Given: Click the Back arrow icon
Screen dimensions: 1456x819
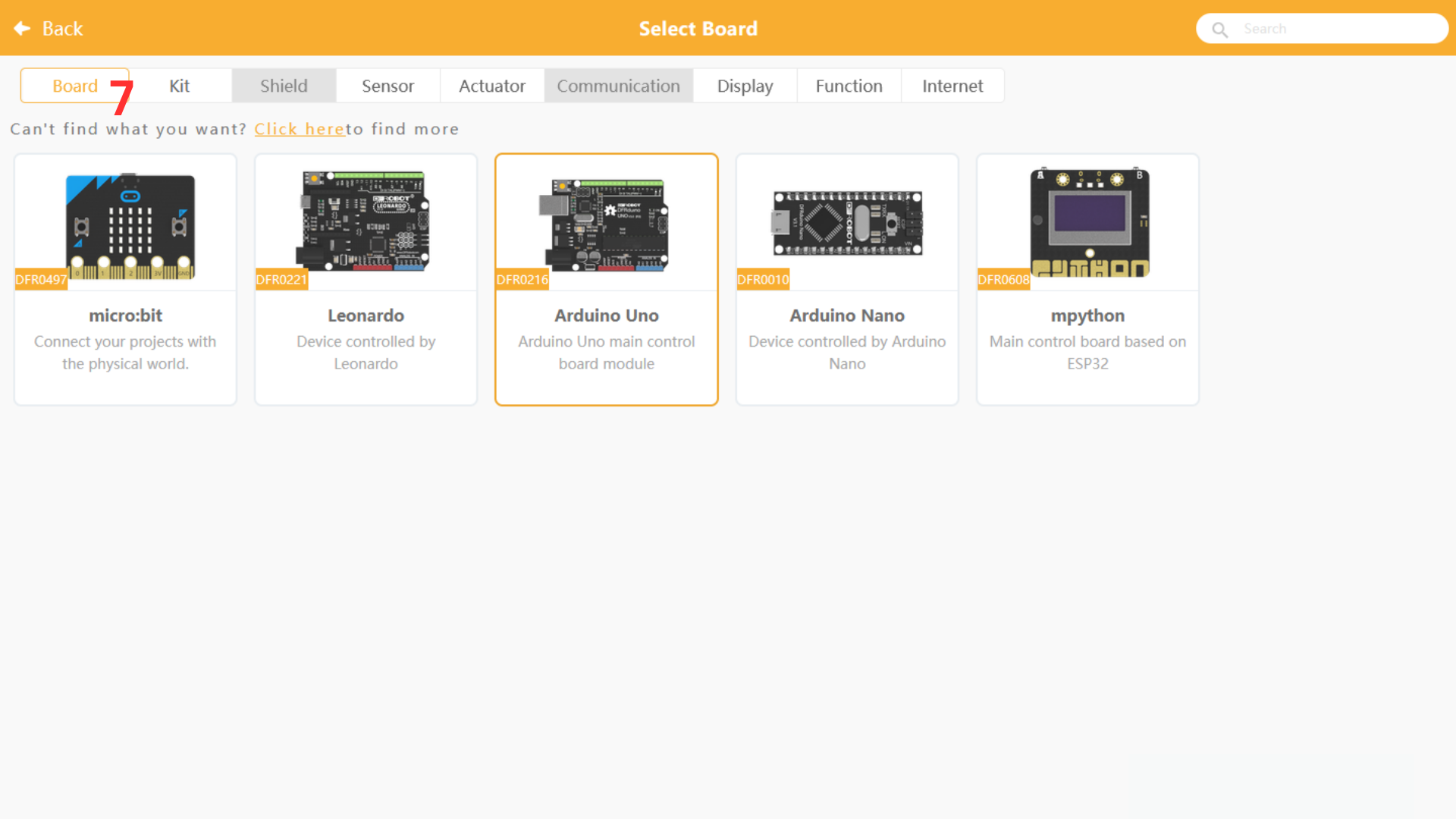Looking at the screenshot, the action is [22, 29].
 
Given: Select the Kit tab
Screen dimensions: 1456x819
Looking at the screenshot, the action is [180, 86].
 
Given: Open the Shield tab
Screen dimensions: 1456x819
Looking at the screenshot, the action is [284, 86].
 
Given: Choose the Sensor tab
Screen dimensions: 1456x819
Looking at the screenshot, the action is [388, 86].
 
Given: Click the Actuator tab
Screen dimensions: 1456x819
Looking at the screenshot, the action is [492, 86].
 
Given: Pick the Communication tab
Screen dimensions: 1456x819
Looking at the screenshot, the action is [618, 86].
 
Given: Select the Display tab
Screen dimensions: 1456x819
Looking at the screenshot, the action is [745, 86].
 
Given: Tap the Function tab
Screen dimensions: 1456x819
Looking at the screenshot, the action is [849, 86].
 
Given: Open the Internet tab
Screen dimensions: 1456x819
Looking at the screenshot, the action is [952, 86].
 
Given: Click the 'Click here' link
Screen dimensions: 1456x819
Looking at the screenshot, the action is [300, 129].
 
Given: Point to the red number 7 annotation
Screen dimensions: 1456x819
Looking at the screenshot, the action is [122, 96].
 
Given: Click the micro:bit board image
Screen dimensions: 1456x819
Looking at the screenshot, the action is [130, 226].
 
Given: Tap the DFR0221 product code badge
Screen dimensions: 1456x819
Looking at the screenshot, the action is [281, 279].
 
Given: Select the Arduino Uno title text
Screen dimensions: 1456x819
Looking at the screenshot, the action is [607, 315].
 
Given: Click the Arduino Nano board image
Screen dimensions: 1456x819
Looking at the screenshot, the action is [847, 223].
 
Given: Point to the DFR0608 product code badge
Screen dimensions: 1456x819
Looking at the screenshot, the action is [1003, 279].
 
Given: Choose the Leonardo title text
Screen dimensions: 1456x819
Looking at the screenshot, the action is [366, 315].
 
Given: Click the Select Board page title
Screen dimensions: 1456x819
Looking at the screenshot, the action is [698, 29].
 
